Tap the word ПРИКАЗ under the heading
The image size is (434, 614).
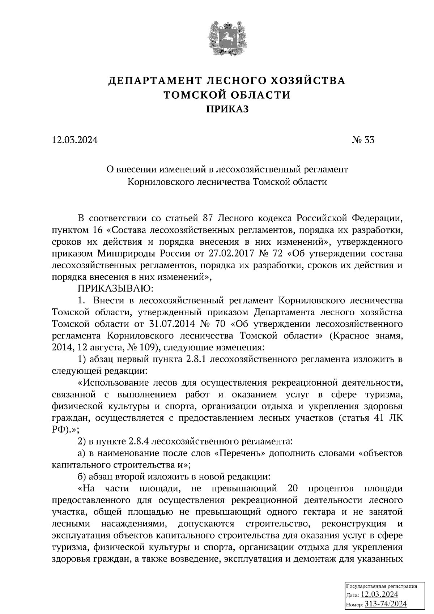[227, 109]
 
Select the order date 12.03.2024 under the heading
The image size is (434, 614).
[75, 140]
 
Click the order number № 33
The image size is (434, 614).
[363, 140]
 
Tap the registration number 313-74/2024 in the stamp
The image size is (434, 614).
[386, 604]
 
